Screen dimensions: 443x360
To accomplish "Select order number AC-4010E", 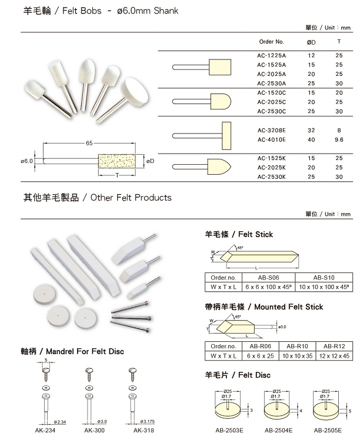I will click(271, 140).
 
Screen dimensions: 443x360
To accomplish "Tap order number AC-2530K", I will click(271, 176).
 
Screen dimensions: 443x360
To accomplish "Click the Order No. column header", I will click(271, 42).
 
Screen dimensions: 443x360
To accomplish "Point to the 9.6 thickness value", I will click(339, 140).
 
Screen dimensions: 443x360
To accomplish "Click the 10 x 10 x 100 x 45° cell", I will click(324, 287).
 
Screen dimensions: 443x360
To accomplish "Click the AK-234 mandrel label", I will click(45, 430).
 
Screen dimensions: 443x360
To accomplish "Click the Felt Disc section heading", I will click(238, 375).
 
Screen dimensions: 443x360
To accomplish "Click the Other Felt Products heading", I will click(97, 198).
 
